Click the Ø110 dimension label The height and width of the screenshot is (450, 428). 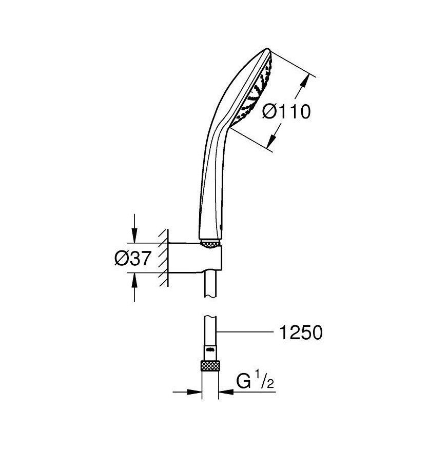pyautogui.click(x=286, y=111)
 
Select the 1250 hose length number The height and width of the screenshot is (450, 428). pyautogui.click(x=301, y=333)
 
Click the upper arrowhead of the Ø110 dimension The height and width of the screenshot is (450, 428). pyautogui.click(x=308, y=80)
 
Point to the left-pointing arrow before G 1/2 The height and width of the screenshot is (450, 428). pyautogui.click(x=226, y=393)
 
